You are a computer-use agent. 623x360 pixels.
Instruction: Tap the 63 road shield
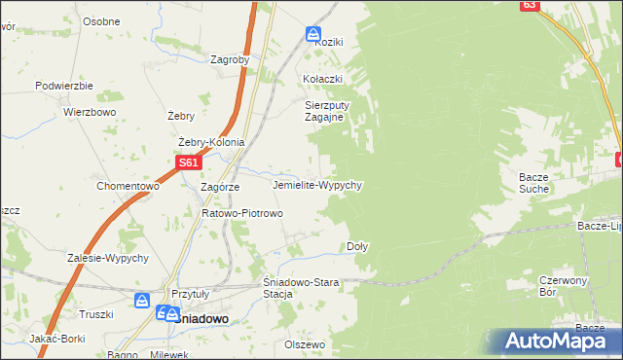point(529,5)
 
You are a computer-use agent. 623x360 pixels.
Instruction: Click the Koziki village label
point(328,43)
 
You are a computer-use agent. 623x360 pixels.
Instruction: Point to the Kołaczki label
point(323,79)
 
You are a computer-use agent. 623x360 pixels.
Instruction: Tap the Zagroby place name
point(230,59)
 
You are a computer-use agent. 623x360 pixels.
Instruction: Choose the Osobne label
point(101,21)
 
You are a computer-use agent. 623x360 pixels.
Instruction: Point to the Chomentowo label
point(128,186)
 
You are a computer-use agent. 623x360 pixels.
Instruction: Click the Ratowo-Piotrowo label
point(241,213)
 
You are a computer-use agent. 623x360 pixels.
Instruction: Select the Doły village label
point(357,246)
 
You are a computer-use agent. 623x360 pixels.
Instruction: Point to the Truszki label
point(96,313)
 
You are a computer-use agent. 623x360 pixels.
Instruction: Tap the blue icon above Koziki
point(311,32)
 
